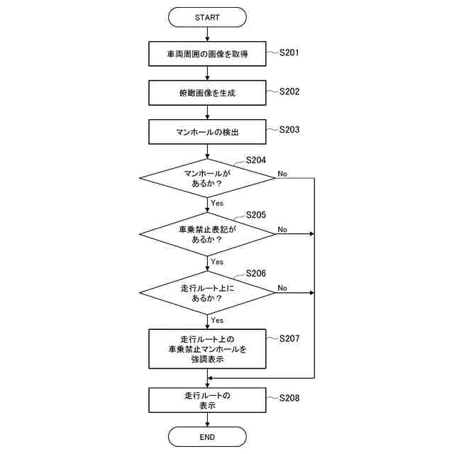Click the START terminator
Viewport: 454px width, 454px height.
[x=207, y=16]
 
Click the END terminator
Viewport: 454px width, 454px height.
[x=207, y=436]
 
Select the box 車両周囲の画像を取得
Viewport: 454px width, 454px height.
[x=207, y=53]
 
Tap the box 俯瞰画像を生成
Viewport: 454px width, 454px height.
[x=207, y=92]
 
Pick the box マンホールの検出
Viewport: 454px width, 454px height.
[x=207, y=131]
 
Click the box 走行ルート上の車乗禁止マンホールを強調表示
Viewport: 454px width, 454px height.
[x=207, y=348]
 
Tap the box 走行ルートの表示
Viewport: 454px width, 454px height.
[x=207, y=400]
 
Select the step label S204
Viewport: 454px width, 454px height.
[x=255, y=160]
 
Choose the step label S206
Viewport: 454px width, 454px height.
[x=255, y=274]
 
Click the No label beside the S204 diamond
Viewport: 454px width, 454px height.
[x=282, y=173]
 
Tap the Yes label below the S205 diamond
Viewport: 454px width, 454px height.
[x=217, y=261]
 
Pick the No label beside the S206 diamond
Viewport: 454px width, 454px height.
[x=282, y=287]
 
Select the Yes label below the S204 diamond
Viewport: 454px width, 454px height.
[x=217, y=203]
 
